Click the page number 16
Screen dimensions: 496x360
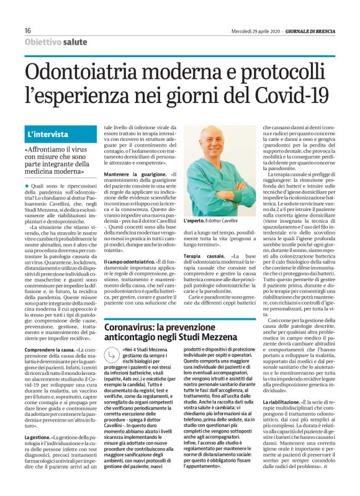click(x=28, y=31)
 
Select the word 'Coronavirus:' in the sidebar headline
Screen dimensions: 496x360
click(x=132, y=328)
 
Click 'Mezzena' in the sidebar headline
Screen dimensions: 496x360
click(x=233, y=338)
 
